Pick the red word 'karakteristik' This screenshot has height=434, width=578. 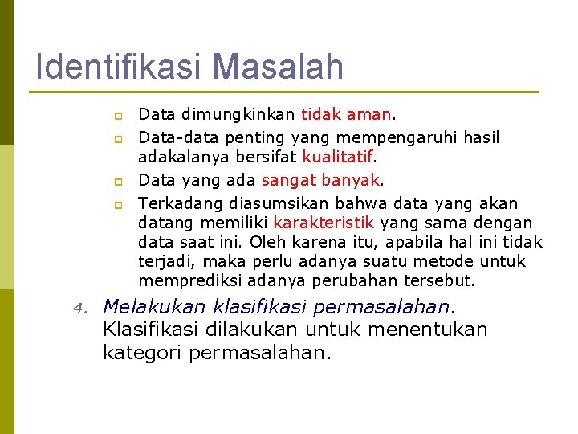coord(324,223)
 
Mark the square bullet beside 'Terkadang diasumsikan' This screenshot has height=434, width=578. coord(116,204)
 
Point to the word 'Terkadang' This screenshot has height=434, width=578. coord(181,203)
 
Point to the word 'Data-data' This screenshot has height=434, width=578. coord(178,138)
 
